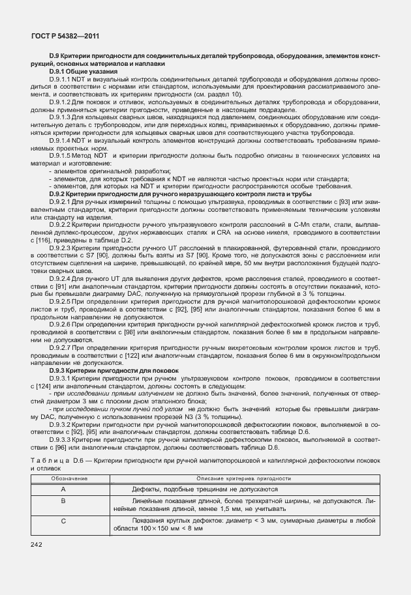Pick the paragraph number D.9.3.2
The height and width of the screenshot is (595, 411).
click(x=63, y=424)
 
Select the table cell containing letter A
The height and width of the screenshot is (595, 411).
click(x=63, y=488)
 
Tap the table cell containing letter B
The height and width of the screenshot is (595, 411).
click(x=63, y=501)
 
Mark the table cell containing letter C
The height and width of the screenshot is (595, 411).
click(x=63, y=521)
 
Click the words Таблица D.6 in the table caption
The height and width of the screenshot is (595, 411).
click(x=57, y=461)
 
